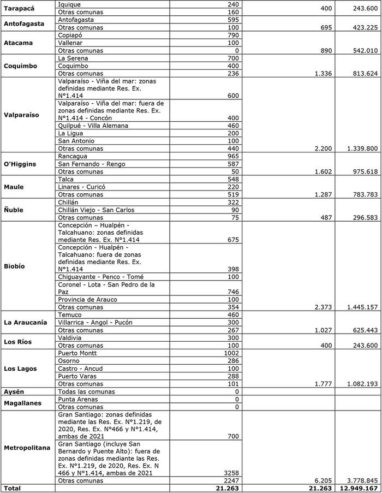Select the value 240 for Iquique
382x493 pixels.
232,4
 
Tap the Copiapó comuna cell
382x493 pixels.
71,35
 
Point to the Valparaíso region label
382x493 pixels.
22,115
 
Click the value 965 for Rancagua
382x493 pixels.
232,156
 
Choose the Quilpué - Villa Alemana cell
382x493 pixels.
93,126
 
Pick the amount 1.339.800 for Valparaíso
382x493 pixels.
360,149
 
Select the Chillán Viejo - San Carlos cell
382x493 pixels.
96,210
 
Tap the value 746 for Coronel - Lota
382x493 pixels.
232,292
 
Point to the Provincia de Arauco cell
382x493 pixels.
88,300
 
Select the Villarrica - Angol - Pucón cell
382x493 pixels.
95,323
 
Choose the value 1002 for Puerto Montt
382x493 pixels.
230,353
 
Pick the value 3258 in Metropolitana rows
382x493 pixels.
230,473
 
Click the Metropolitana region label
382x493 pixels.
27,448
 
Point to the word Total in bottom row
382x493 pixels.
13,489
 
